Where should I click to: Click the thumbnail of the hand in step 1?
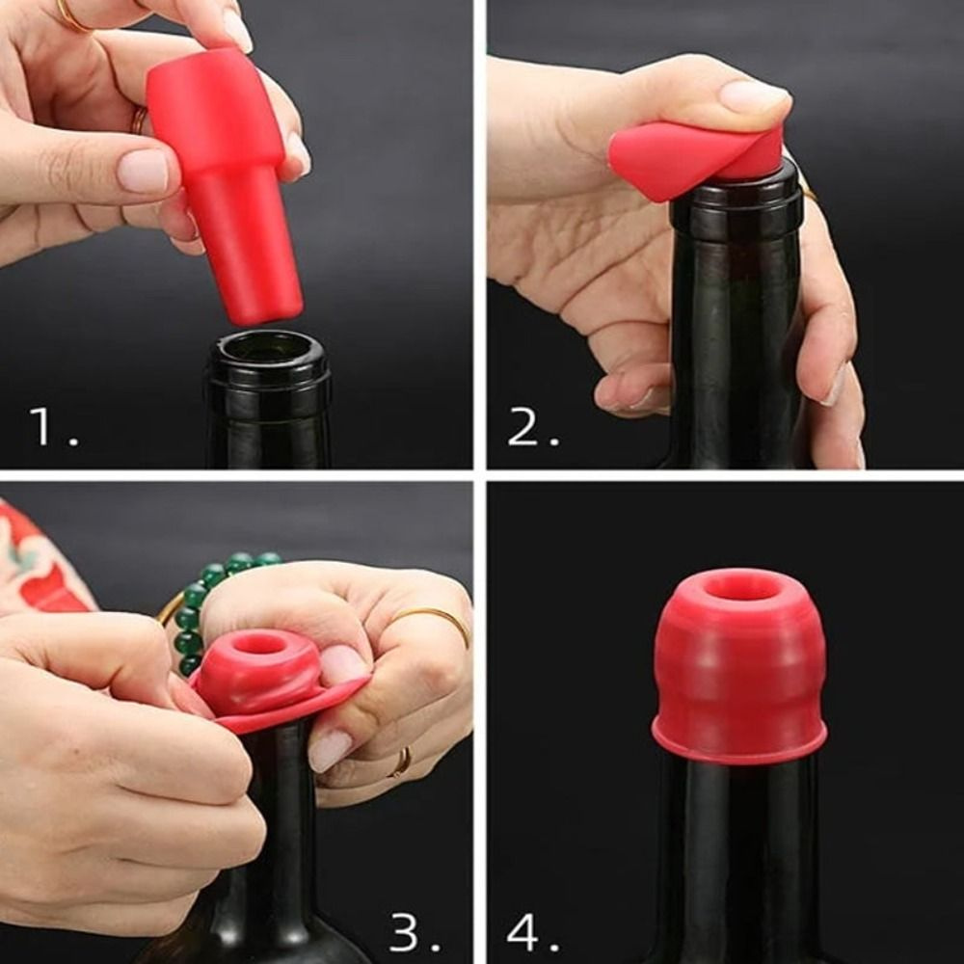click(144, 171)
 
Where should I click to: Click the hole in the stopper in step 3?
click(258, 644)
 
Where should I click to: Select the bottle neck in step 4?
click(737, 848)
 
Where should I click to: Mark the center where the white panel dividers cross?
click(479, 475)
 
